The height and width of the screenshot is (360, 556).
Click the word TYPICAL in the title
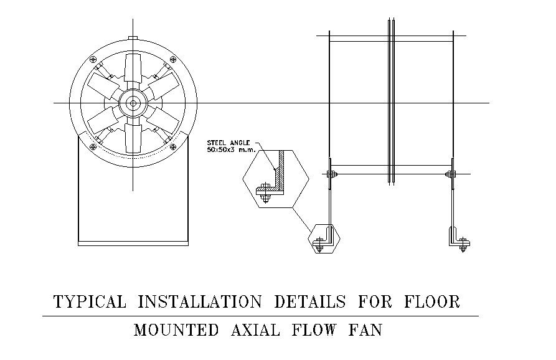click(x=90, y=302)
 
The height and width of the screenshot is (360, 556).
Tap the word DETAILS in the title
click(x=310, y=302)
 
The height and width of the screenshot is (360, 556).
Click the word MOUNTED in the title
click(x=176, y=330)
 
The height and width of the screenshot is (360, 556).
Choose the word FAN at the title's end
click(x=364, y=330)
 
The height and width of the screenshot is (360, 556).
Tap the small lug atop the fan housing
click(x=133, y=37)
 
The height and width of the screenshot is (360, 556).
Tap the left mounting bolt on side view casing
click(x=330, y=174)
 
